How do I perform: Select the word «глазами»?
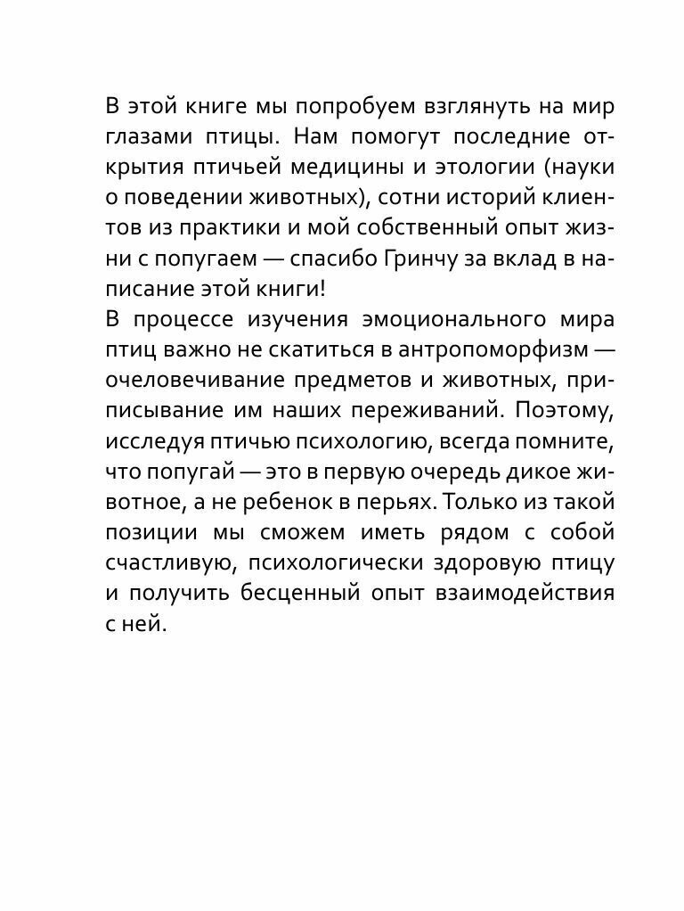[152, 139]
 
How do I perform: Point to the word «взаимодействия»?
[523, 595]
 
